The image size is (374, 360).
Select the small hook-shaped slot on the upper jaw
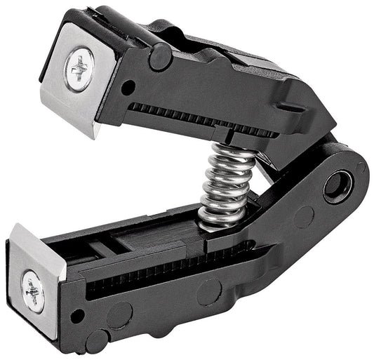(x=288, y=105)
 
